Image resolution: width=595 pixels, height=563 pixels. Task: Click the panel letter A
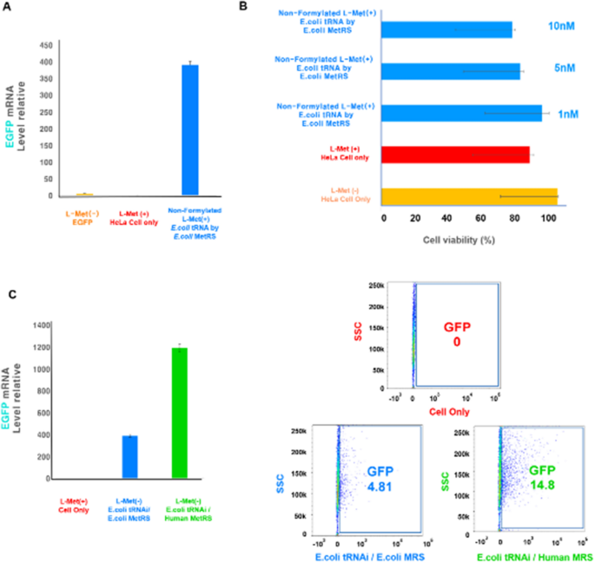pyautogui.click(x=10, y=9)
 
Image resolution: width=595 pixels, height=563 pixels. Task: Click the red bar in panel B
pyautogui.click(x=456, y=154)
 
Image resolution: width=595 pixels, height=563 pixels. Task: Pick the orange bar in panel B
pyautogui.click(x=470, y=197)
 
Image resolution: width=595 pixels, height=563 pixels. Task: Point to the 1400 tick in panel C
pyautogui.click(x=41, y=325)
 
